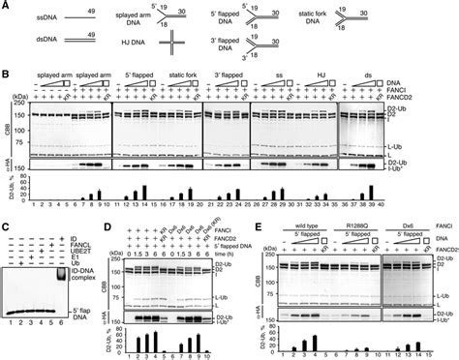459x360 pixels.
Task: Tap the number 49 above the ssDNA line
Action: click(90, 13)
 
